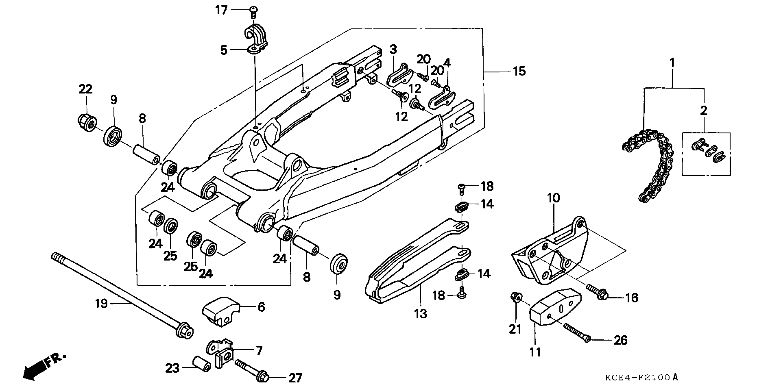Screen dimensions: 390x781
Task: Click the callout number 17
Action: click(221, 10)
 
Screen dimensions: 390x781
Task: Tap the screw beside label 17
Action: click(253, 11)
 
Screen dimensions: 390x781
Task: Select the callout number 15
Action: click(519, 72)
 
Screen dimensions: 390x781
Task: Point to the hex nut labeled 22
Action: click(87, 123)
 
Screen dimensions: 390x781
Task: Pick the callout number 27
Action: click(295, 378)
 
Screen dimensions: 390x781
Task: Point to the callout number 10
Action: click(553, 198)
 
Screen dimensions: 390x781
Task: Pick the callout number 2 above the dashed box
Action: click(703, 110)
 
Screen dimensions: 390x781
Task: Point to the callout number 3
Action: click(393, 49)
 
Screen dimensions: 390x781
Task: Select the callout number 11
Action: click(535, 352)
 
